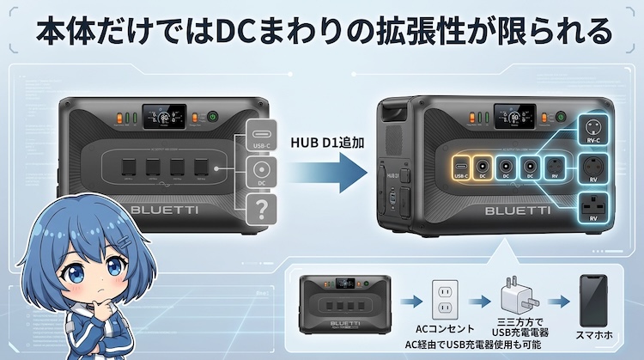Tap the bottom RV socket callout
click(592, 210)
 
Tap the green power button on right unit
click(561, 117)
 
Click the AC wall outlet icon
click(444, 301)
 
